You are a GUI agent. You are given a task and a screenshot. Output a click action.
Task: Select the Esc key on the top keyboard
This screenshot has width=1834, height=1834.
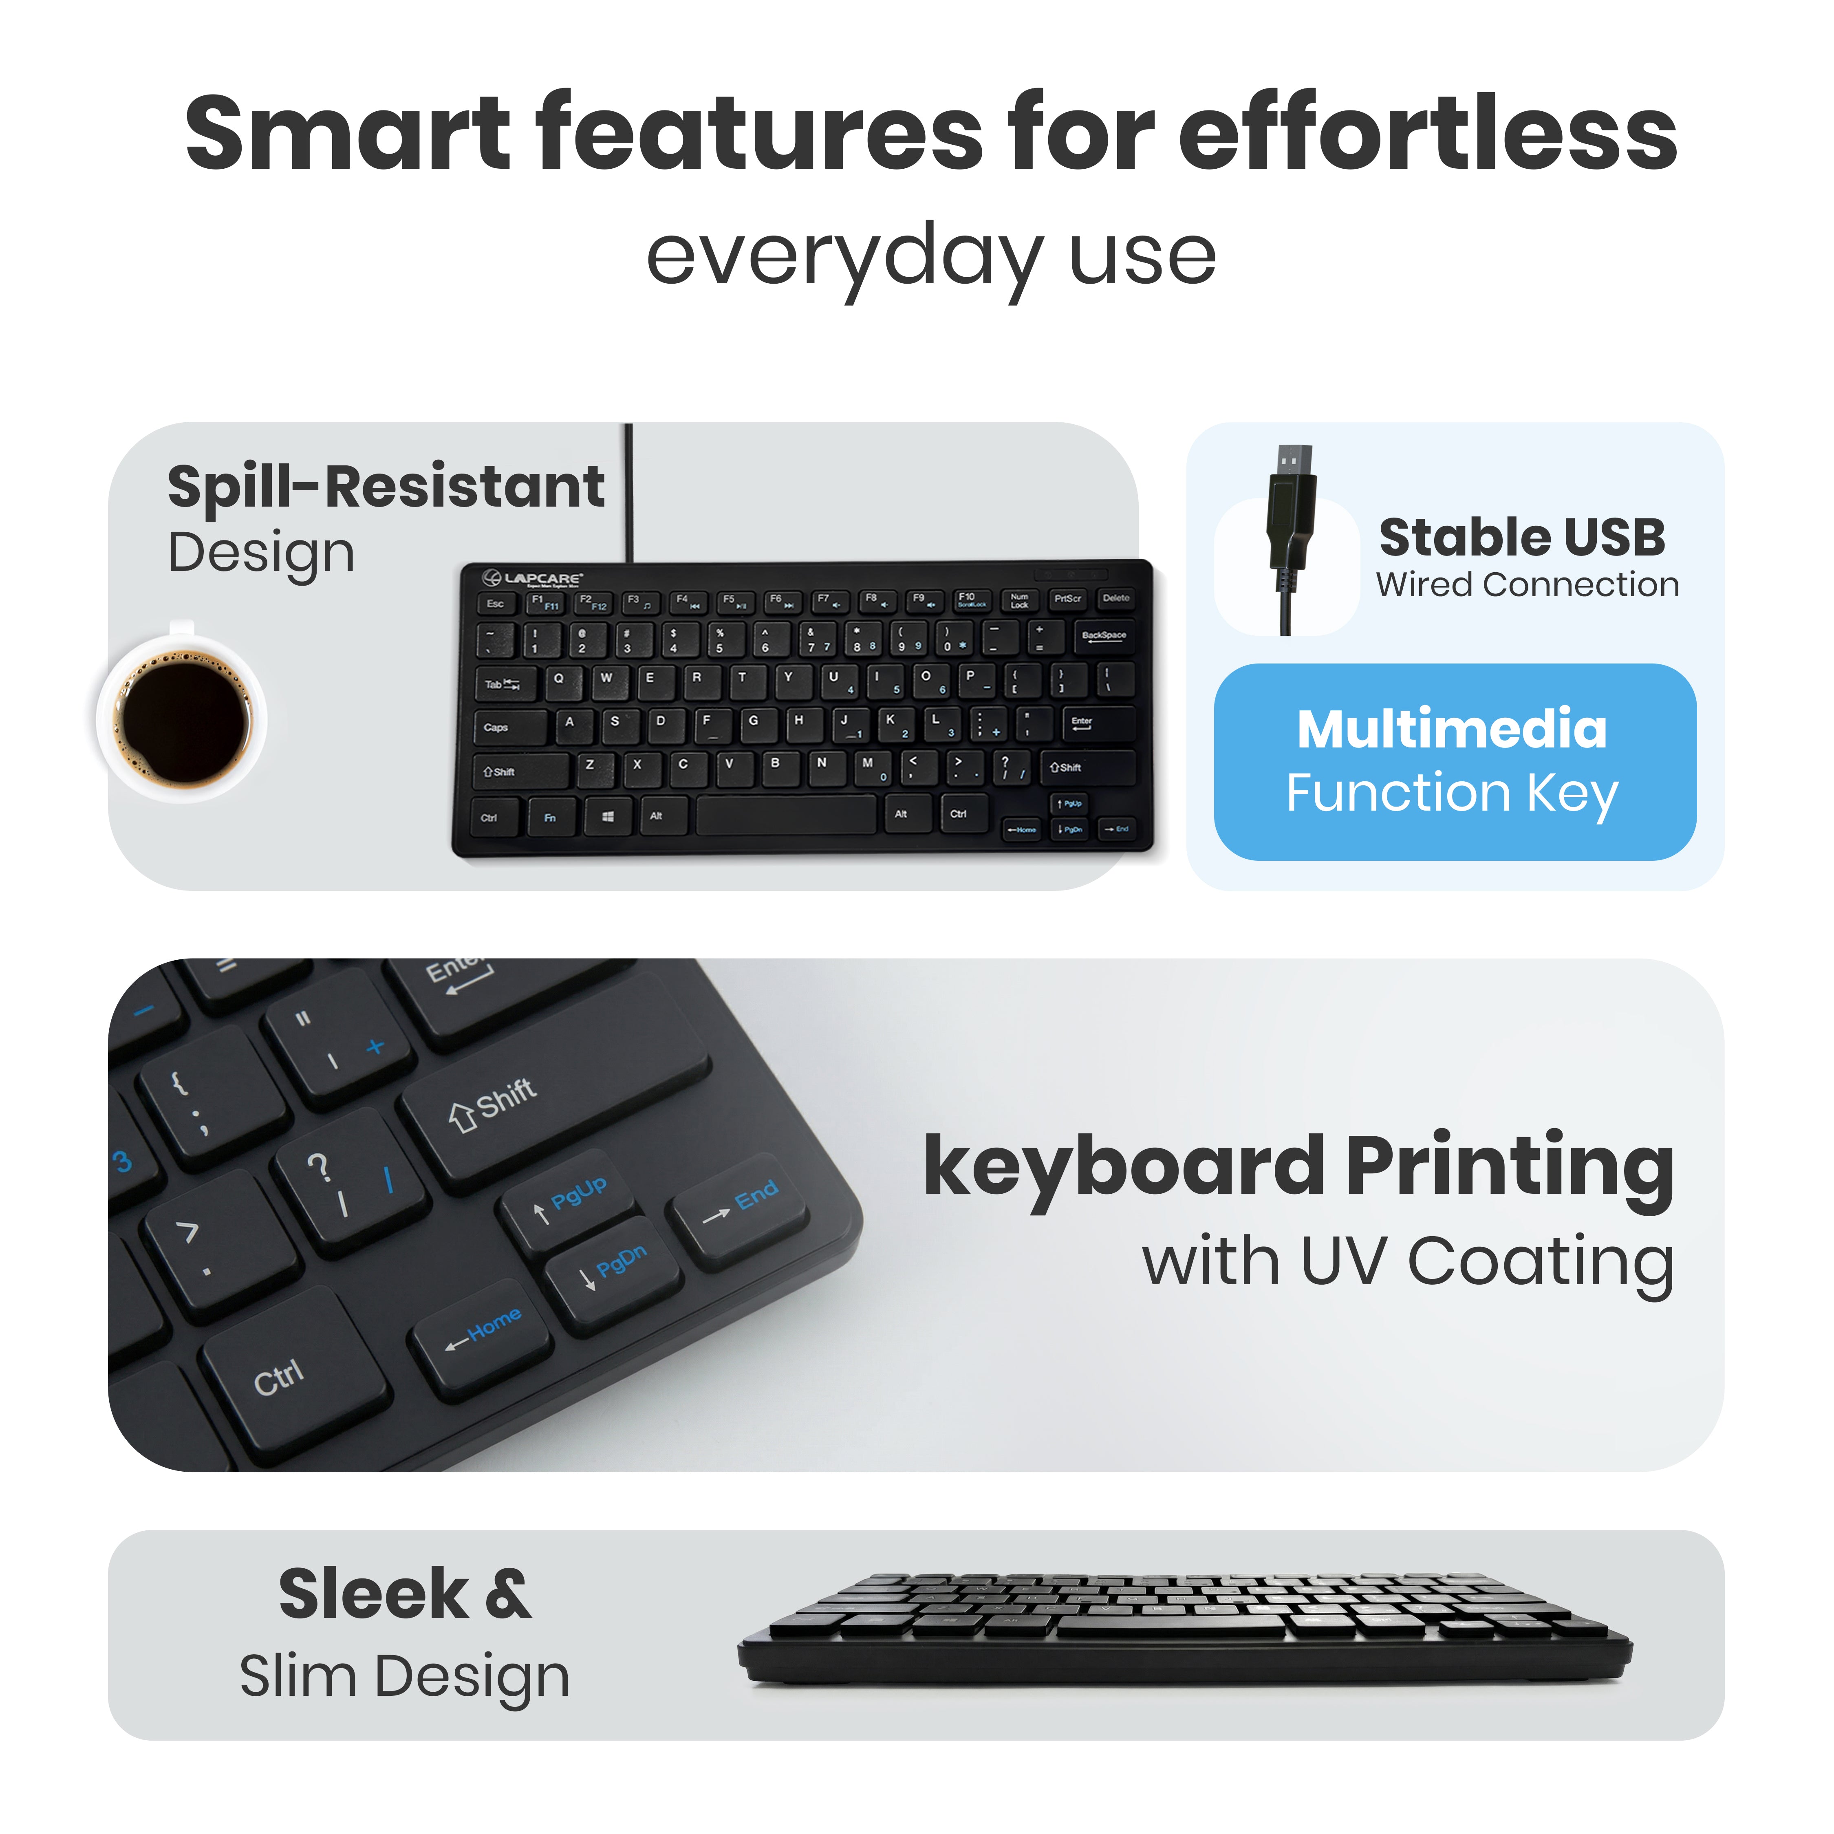(496, 604)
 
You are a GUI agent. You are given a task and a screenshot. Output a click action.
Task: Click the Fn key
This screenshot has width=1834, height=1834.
(550, 817)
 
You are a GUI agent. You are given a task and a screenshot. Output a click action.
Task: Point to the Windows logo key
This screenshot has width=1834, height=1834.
(608, 816)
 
